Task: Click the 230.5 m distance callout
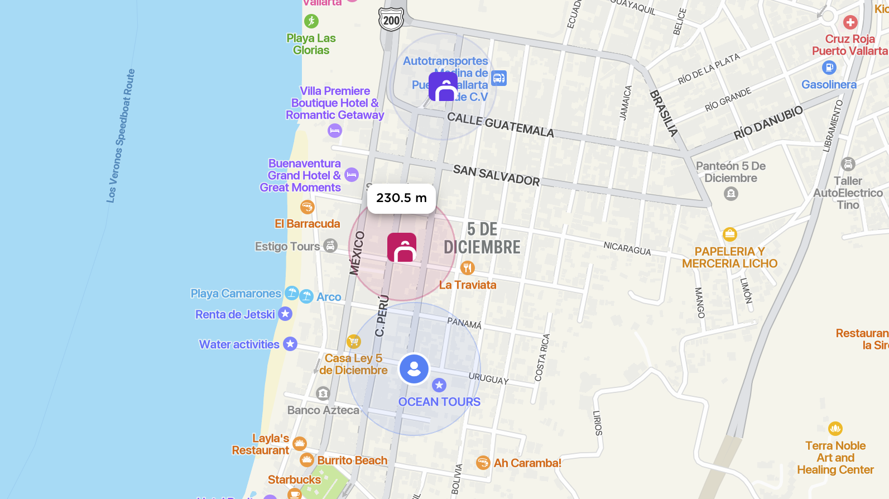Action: (401, 198)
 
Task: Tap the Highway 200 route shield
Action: (391, 21)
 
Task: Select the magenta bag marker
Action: (402, 247)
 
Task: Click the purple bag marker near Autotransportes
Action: (443, 87)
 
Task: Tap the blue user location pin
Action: (414, 369)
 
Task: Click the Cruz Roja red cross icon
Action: (850, 22)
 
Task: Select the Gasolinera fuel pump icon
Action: (829, 68)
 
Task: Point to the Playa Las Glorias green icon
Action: (311, 21)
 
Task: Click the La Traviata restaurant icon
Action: (468, 268)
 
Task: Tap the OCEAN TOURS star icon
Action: (439, 385)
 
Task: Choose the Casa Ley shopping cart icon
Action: (353, 341)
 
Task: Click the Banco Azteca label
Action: (323, 410)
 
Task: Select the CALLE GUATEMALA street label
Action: (501, 124)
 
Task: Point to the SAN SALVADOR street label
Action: (496, 175)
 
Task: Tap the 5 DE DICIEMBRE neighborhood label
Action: (482, 238)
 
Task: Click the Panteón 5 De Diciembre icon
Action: (731, 194)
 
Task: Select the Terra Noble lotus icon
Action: (835, 429)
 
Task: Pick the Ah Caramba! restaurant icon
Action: (483, 463)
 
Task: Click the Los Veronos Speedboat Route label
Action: (121, 136)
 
